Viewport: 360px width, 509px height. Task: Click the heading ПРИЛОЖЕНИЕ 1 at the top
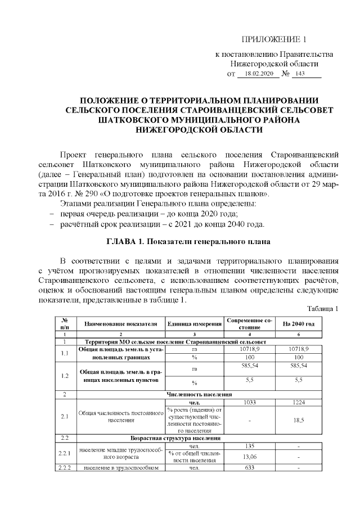[274, 39]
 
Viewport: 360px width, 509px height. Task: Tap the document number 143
[299, 74]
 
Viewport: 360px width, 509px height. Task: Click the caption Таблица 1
[322, 309]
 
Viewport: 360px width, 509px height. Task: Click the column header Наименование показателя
[120, 324]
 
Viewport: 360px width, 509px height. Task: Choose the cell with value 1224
[298, 402]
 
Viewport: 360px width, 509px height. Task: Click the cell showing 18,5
[298, 420]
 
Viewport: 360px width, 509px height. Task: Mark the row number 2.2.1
[65, 453]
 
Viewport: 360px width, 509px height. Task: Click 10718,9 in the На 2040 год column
[298, 349]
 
